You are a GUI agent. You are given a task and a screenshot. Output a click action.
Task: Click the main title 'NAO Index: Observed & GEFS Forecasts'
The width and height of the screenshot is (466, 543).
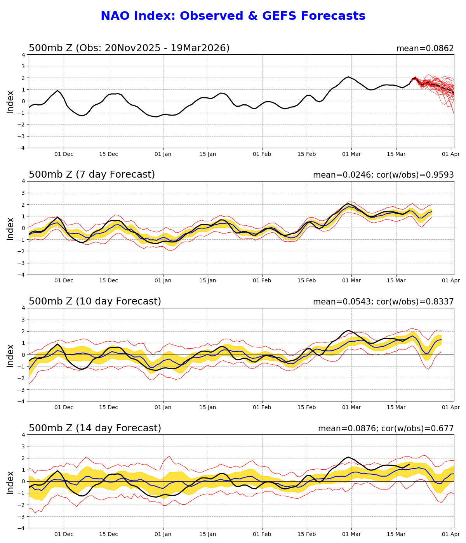(x=233, y=16)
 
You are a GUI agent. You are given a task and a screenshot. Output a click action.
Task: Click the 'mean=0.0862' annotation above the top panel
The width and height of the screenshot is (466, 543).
(x=425, y=48)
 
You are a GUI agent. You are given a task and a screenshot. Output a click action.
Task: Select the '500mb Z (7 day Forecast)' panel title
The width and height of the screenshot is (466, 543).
(x=92, y=175)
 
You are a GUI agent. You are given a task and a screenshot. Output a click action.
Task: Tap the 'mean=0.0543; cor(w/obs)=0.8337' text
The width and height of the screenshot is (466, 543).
(x=383, y=302)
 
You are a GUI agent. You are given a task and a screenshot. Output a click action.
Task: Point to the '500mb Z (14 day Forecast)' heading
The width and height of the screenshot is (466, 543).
(x=95, y=428)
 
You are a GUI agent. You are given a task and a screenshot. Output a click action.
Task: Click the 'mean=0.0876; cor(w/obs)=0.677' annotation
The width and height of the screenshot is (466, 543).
(x=386, y=429)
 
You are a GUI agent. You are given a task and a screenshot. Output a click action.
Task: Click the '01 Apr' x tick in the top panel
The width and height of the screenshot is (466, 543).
(x=451, y=154)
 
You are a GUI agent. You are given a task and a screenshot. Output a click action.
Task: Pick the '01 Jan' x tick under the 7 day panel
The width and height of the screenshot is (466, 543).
(x=163, y=281)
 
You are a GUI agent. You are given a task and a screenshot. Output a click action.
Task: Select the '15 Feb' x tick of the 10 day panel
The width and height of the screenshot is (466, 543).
(x=307, y=408)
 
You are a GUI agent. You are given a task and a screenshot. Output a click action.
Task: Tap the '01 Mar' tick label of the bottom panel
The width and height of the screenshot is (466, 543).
(x=351, y=534)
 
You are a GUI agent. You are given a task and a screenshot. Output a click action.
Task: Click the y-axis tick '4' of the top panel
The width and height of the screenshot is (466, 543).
(x=23, y=55)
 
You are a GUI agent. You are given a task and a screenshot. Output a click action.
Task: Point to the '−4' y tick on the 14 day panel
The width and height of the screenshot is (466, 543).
(x=22, y=528)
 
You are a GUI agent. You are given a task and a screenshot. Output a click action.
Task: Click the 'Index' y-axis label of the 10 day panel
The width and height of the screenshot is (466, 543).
(x=10, y=355)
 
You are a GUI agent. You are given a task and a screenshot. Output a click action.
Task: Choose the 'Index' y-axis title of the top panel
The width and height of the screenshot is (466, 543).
(x=10, y=102)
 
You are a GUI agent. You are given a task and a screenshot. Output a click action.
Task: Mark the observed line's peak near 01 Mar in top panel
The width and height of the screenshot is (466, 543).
(x=348, y=77)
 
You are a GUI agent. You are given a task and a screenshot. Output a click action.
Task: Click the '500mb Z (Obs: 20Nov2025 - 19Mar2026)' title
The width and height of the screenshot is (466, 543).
(x=129, y=48)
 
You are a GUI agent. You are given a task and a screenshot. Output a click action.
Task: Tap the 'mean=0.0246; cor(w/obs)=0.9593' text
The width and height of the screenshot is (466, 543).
(x=383, y=175)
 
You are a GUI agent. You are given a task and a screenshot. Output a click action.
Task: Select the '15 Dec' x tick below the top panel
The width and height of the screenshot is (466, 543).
(x=108, y=154)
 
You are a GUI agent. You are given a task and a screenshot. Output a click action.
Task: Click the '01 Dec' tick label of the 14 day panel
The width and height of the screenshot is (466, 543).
(x=64, y=534)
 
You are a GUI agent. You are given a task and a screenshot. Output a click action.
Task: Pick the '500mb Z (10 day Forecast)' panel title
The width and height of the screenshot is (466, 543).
(x=95, y=301)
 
